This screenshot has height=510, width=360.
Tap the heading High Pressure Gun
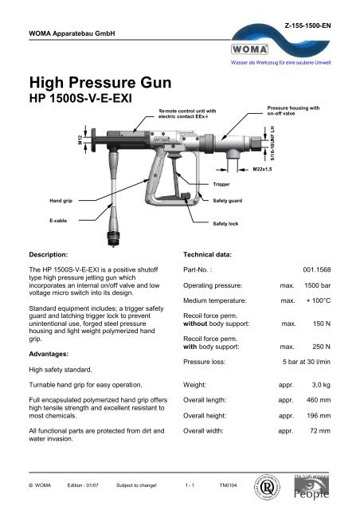pos(96,82)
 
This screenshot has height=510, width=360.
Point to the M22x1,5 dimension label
pos(264,170)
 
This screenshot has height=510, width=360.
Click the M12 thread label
pos(80,140)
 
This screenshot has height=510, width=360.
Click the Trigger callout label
pos(221,184)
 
